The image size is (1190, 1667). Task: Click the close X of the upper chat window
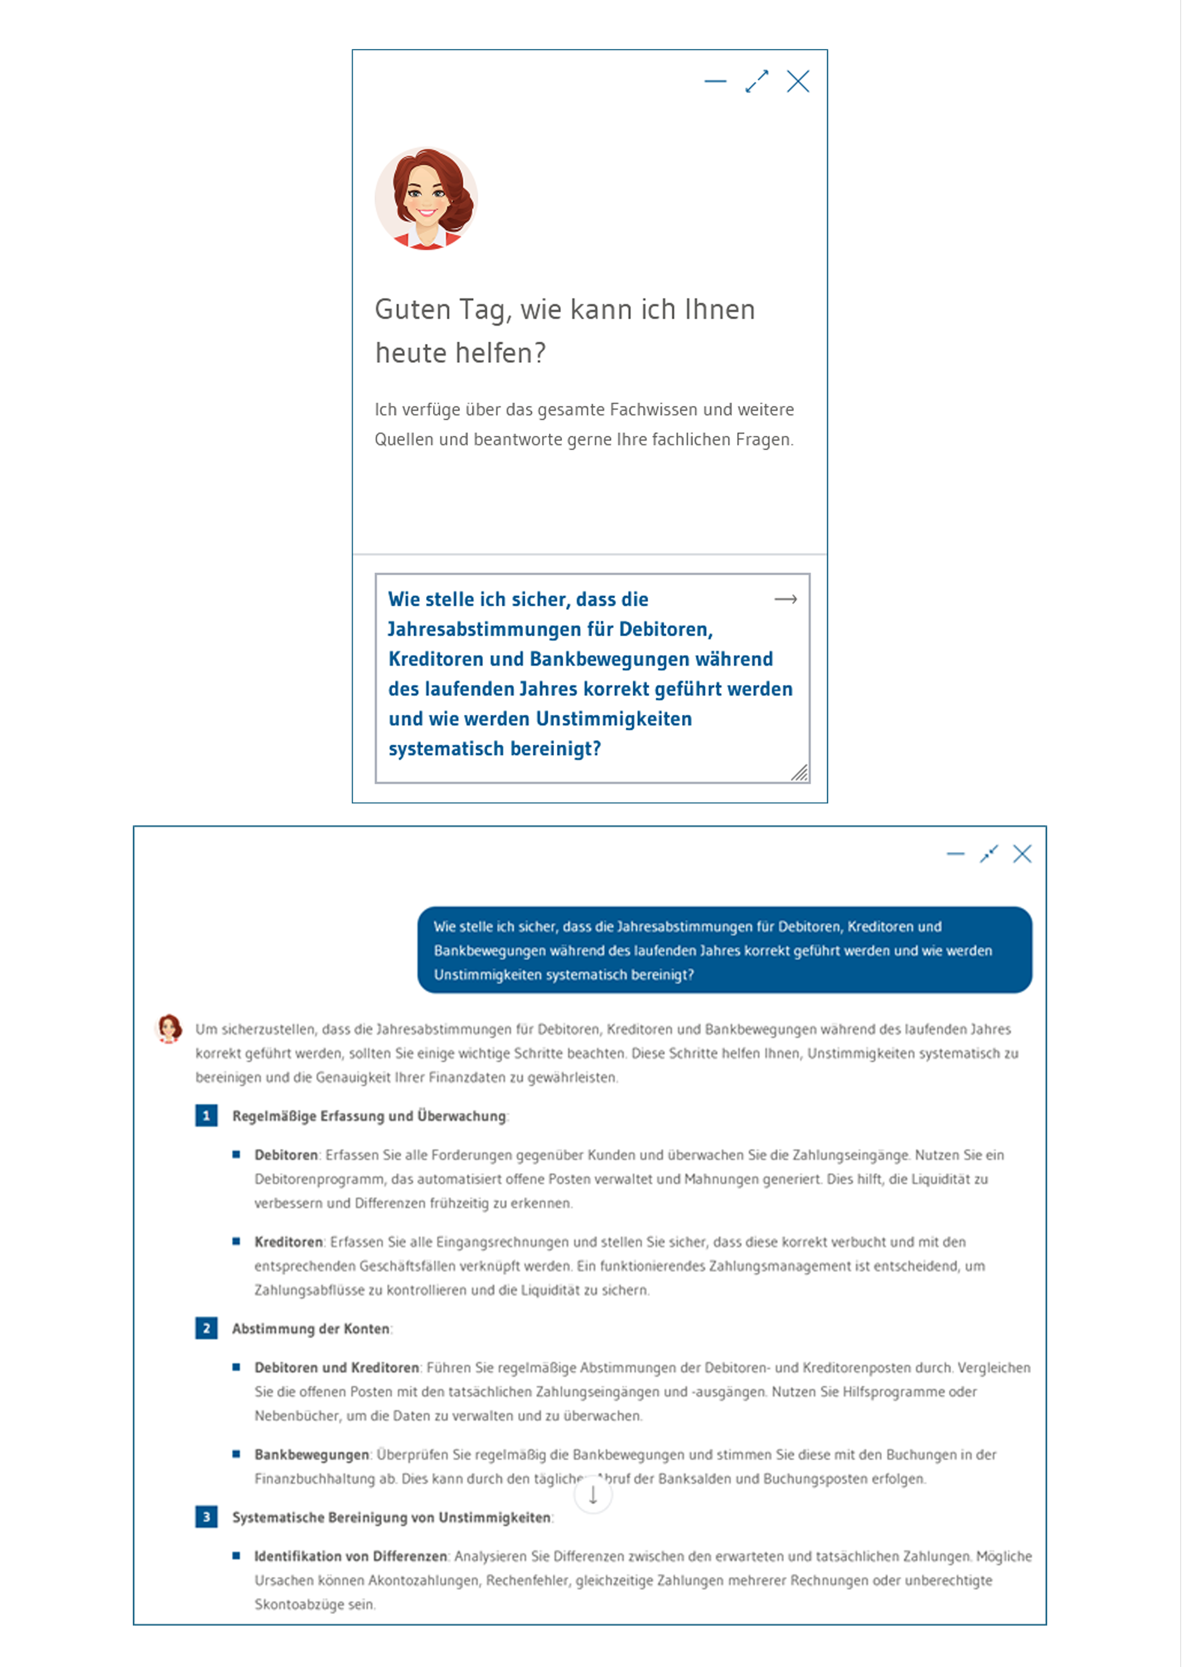pos(798,81)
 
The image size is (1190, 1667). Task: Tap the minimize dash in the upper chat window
pos(715,81)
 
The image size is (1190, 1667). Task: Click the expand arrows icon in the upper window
pos(756,81)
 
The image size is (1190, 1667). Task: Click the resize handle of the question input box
pos(799,773)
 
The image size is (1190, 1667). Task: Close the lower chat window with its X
pos(1021,854)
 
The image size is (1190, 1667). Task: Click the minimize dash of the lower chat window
pos(955,854)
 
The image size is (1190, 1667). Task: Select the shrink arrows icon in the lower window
pos(989,854)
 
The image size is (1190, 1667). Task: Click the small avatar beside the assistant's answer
pos(169,1028)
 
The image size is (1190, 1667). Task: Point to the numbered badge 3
pos(206,1516)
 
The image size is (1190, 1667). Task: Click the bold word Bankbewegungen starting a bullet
pos(311,1455)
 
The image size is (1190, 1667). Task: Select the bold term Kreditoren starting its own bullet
pos(288,1242)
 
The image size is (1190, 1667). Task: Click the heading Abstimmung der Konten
pos(311,1328)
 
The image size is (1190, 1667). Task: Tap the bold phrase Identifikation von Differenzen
pos(350,1556)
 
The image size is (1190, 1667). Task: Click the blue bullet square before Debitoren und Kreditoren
pos(236,1367)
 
